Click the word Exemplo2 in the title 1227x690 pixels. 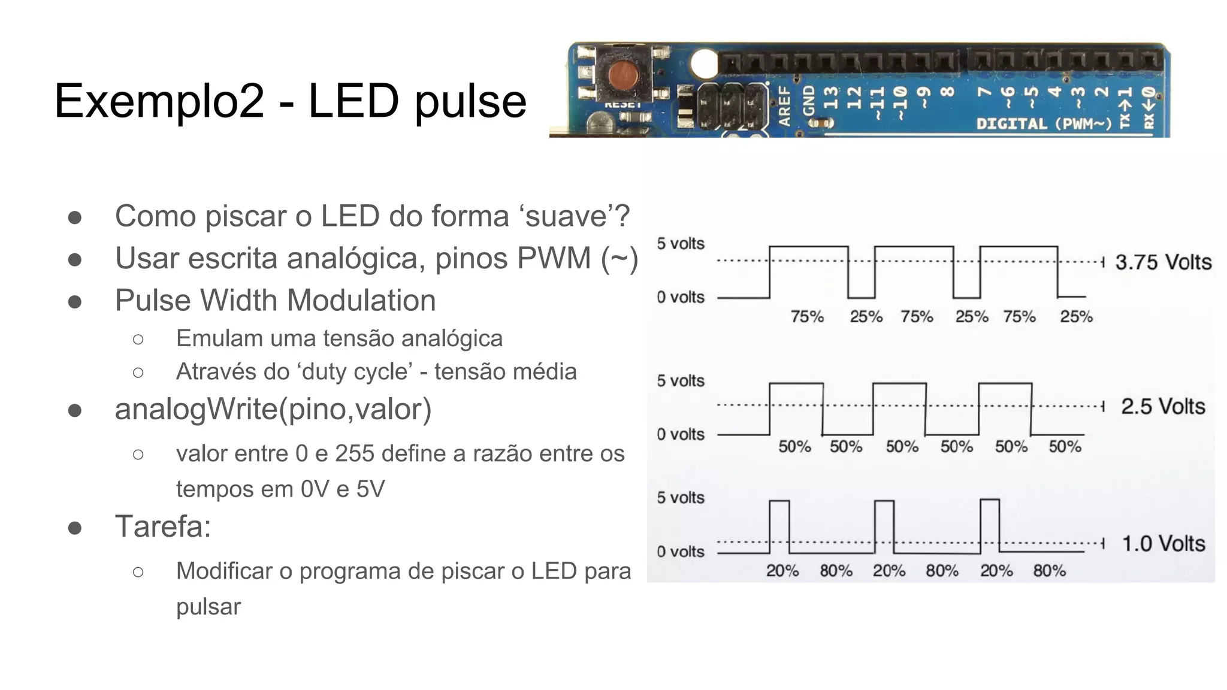(x=159, y=101)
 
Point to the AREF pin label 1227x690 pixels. (x=784, y=105)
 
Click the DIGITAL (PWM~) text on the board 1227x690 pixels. (x=1044, y=124)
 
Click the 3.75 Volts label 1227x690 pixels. (x=1163, y=262)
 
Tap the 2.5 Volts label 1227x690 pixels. (x=1163, y=407)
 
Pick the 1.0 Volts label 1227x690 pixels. (x=1163, y=544)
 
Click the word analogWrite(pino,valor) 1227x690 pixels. (x=273, y=410)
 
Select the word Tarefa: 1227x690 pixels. (x=163, y=527)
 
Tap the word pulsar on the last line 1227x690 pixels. (x=208, y=607)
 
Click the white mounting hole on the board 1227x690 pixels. (x=704, y=63)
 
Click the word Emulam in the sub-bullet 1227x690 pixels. (x=219, y=339)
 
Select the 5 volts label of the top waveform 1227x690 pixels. (x=681, y=244)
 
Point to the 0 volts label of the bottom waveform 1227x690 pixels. (x=681, y=552)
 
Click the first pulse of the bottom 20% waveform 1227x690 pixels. (x=779, y=526)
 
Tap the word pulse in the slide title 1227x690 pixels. (x=470, y=101)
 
